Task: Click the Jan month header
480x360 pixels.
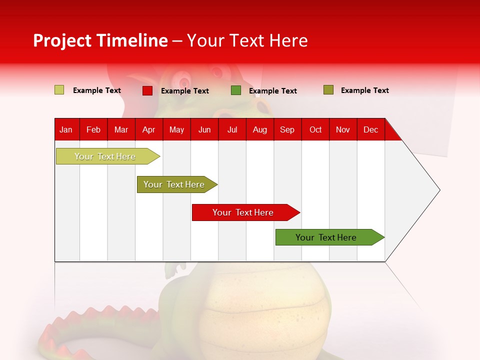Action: click(x=66, y=129)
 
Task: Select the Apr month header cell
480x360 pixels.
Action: click(x=148, y=129)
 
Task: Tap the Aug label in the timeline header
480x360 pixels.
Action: click(x=259, y=129)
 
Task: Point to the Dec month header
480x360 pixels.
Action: click(x=370, y=129)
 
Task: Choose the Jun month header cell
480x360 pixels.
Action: click(x=204, y=129)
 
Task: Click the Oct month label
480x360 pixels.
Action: click(x=315, y=129)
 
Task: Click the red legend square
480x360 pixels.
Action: click(x=147, y=90)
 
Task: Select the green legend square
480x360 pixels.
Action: click(x=236, y=90)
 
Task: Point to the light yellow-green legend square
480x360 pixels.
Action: click(x=59, y=90)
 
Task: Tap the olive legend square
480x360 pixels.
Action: click(x=328, y=90)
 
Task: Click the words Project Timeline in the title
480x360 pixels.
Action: click(x=100, y=40)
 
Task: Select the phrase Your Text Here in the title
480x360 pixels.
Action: click(x=247, y=40)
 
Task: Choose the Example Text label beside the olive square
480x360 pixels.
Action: click(x=364, y=90)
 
